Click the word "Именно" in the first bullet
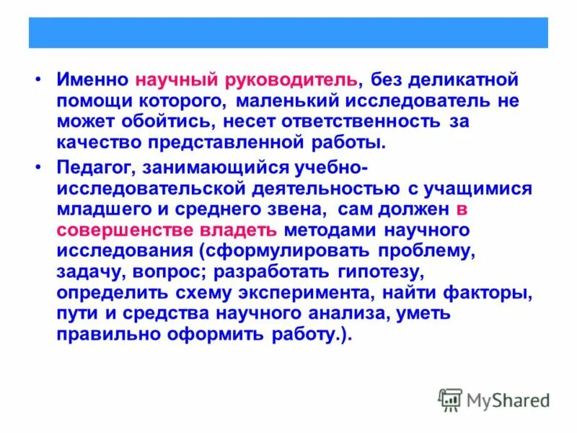tap(92, 79)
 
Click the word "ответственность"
tap(382, 121)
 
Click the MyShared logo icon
tap(451, 399)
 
